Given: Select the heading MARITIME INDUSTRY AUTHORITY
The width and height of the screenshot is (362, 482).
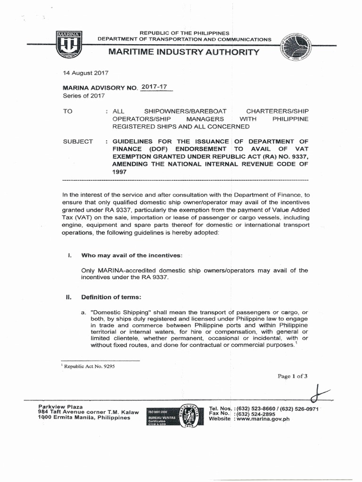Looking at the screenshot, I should pos(184,51).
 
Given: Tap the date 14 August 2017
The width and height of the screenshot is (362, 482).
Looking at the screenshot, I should pos(86,73).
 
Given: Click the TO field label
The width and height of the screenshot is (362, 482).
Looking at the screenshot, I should pos(69,111).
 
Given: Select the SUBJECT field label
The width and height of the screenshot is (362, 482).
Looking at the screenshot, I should pos(78,142).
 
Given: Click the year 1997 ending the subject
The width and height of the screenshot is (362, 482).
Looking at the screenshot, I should pos(120,172).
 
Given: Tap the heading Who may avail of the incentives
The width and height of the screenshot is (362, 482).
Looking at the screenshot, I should pos(131,255).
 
